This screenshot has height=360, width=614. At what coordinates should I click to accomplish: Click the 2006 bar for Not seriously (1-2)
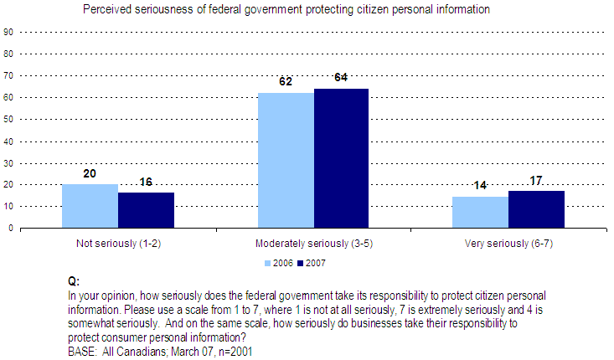(x=90, y=206)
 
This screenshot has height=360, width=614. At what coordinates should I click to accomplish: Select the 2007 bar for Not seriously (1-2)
(x=146, y=210)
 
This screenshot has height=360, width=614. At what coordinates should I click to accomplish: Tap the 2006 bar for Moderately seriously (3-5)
(x=286, y=160)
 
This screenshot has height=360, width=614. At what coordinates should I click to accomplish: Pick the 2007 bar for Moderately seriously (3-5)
(x=341, y=158)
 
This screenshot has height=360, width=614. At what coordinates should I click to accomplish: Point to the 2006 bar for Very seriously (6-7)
(x=480, y=212)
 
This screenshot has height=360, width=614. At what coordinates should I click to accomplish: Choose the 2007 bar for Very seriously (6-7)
(x=536, y=209)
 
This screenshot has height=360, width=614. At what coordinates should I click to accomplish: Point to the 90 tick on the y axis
(x=8, y=32)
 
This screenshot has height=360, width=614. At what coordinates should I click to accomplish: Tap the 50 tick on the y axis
(x=8, y=119)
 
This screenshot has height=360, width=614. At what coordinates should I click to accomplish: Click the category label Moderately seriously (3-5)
(x=313, y=243)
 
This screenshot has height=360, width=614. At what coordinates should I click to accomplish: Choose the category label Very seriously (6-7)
(x=508, y=243)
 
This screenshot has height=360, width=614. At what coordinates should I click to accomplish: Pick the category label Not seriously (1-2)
(x=117, y=243)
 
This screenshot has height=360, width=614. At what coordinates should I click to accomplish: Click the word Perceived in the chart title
(x=104, y=10)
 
